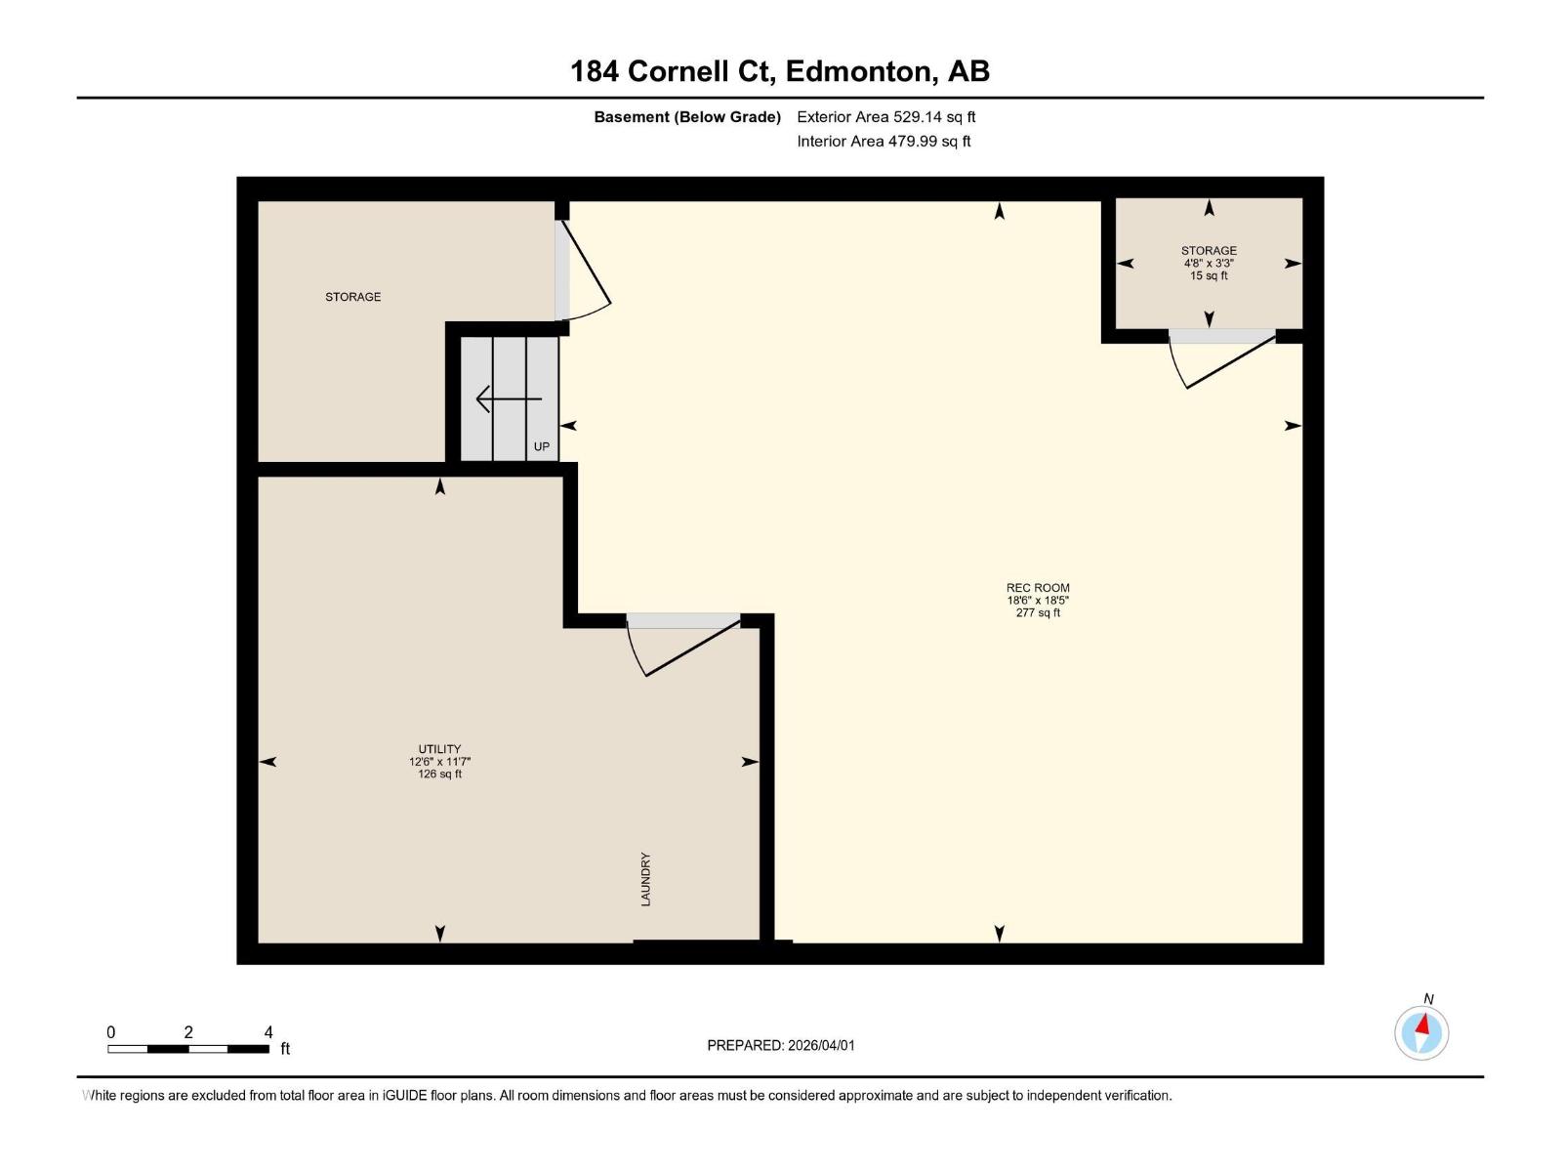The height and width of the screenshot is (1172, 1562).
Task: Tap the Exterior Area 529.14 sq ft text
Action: (885, 117)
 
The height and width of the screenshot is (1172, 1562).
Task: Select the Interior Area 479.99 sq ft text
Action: (884, 142)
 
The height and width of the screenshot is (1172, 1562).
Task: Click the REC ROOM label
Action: (1038, 588)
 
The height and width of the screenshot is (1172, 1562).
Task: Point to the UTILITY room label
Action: (439, 749)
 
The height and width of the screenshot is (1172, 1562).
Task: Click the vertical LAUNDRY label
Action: (645, 879)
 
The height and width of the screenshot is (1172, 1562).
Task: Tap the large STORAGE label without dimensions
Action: (352, 297)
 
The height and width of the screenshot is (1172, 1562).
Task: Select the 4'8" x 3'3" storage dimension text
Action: (1209, 264)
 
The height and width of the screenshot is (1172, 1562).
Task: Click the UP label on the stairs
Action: (542, 446)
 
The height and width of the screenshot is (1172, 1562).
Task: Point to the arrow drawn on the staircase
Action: (508, 399)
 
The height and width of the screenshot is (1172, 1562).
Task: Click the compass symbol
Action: (1421, 1032)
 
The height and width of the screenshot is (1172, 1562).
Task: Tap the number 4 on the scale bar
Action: (268, 1032)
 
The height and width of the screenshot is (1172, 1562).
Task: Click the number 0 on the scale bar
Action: (111, 1032)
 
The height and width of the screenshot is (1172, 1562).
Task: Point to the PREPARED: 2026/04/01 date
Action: (781, 1045)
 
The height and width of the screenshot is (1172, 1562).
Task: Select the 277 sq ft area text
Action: (1038, 613)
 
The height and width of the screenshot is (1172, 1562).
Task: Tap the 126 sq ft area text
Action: (439, 774)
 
